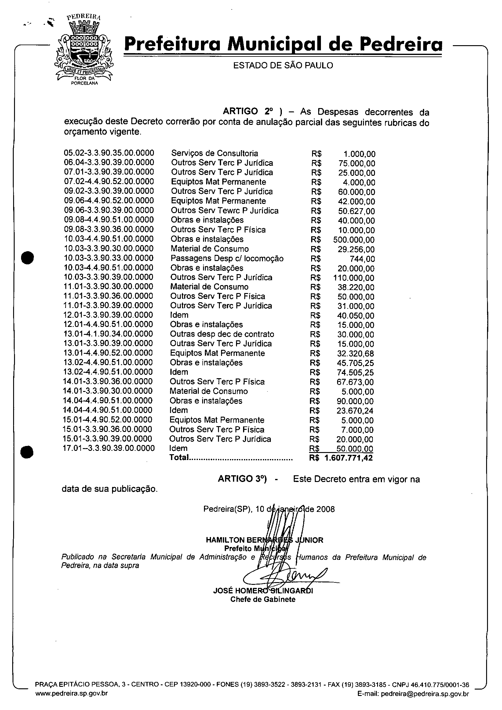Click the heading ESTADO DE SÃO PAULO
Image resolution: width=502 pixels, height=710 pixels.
pos(283,66)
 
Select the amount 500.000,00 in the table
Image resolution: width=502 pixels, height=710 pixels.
pos(354,240)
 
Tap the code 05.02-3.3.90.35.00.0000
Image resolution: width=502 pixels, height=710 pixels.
pos(109,153)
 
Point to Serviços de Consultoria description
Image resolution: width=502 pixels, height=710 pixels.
pos(215,153)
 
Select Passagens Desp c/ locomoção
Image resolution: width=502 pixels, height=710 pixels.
pos(227,259)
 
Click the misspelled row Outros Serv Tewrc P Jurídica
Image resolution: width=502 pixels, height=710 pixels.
pos(224,211)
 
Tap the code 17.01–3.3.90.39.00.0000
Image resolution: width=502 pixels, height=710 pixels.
pos(109,448)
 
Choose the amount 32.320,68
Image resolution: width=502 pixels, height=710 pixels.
pos(355,354)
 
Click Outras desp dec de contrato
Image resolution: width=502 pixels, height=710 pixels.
pos(222,334)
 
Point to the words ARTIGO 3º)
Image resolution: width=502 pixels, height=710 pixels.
pos(242,479)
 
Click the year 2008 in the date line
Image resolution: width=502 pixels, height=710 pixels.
pos(326,509)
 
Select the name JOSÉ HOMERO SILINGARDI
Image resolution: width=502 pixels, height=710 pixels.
pos(263,591)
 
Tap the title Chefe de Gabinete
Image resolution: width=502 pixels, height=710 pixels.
pos(263,600)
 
